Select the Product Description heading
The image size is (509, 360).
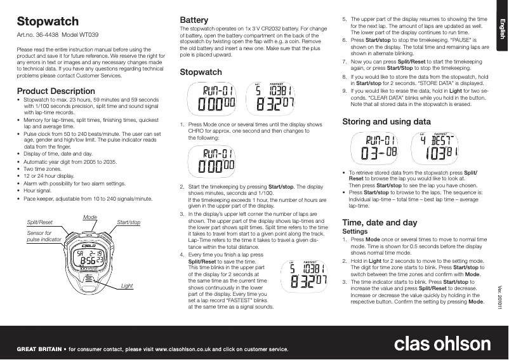point(56,91)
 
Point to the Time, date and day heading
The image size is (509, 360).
point(380,223)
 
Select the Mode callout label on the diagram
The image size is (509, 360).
point(90,217)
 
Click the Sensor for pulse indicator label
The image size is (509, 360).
point(42,237)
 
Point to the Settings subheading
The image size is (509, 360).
point(354,232)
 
